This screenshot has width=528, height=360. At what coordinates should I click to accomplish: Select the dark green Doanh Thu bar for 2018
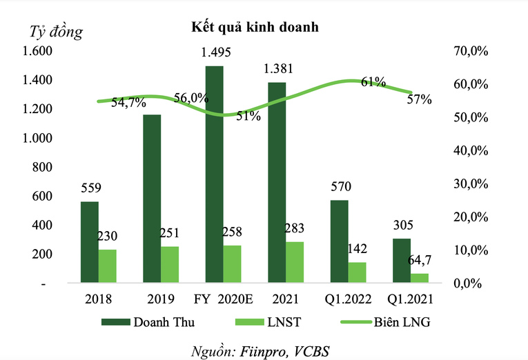coord(89,242)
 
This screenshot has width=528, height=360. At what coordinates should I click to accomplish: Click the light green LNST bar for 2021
coord(294,262)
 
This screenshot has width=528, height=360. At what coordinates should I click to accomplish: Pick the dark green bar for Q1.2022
coord(339,241)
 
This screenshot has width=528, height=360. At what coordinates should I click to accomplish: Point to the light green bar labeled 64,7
coord(419,278)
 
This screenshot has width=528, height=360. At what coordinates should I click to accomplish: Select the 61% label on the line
coord(373,83)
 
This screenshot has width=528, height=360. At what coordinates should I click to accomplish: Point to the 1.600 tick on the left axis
coord(37,52)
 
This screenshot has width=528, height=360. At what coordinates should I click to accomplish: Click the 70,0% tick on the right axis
coord(471,52)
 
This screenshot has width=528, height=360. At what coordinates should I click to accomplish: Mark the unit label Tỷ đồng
coord(55,31)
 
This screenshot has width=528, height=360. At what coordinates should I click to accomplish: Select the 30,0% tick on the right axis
coord(471,184)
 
